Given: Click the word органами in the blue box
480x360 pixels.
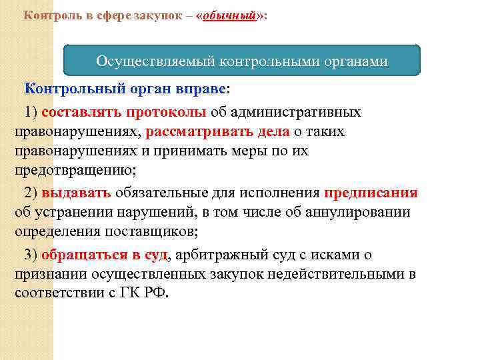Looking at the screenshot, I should click(353, 61).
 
